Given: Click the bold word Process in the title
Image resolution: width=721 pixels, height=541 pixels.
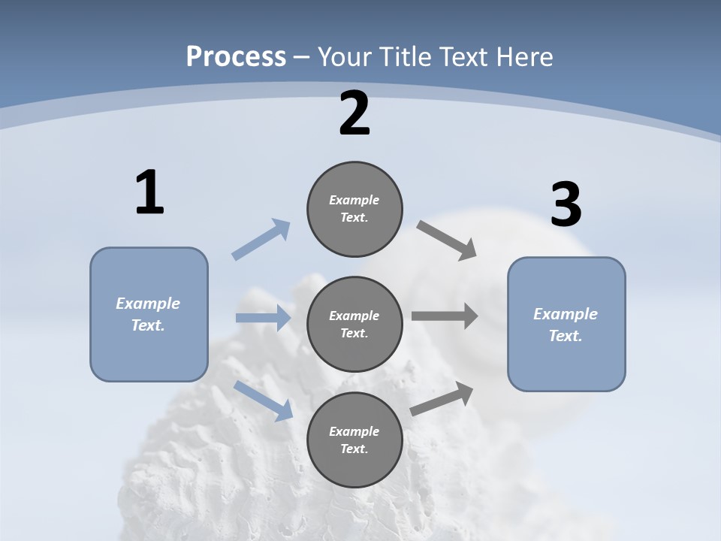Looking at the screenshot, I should pyautogui.click(x=236, y=56).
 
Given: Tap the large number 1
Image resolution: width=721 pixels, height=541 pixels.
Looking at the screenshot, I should pyautogui.click(x=149, y=193).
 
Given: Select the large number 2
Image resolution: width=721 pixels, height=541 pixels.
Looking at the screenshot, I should pyautogui.click(x=354, y=114).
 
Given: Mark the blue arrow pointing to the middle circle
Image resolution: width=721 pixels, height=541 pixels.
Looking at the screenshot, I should pyautogui.click(x=263, y=318).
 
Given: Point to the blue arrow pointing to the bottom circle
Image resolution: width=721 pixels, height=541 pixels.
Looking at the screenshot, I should pyautogui.click(x=263, y=400).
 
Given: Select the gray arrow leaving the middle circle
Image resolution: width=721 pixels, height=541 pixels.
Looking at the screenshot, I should pyautogui.click(x=445, y=316).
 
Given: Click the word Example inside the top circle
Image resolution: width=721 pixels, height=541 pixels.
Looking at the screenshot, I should pyautogui.click(x=354, y=200).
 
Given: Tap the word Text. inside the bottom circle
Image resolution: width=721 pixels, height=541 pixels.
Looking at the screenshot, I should pyautogui.click(x=354, y=449).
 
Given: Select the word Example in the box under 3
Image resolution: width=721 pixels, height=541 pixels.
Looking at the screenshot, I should pyautogui.click(x=566, y=314).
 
